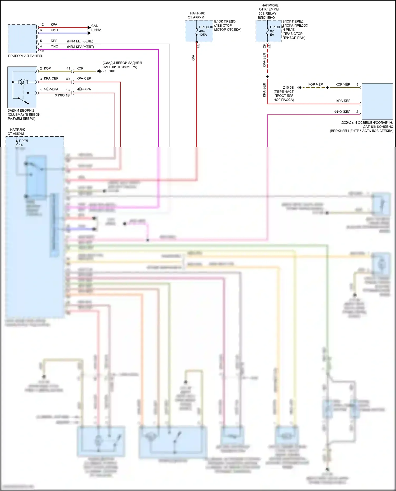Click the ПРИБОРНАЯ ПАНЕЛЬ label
tap(26, 56)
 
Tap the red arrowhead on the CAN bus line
tap(89, 27)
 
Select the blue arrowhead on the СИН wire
tap(89, 33)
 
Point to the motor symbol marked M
tap(23, 82)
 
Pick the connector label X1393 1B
tap(62, 95)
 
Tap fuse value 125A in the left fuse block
tap(203, 35)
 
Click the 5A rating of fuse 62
tap(272, 35)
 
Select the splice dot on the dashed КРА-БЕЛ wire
tap(267, 77)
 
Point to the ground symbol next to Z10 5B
tap(299, 87)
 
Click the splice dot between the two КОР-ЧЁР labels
tap(328, 87)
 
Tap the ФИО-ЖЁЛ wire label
tap(342, 112)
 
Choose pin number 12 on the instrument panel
tap(42, 25)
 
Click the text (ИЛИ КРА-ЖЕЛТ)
tap(81, 47)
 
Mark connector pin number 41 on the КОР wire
tap(68, 68)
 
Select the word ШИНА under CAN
tap(96, 30)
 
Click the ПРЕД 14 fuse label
tap(23, 143)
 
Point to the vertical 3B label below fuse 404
tap(199, 46)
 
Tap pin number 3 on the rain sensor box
tap(357, 84)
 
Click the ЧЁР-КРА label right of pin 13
tap(84, 89)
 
